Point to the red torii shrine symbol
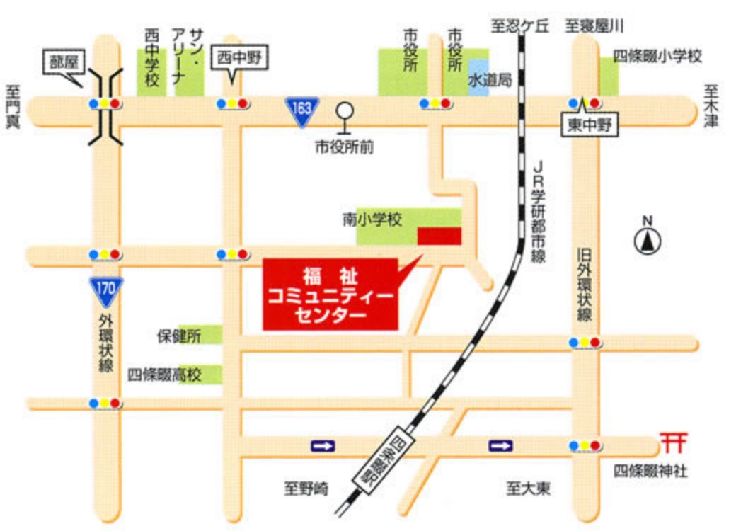pyautogui.click(x=672, y=442)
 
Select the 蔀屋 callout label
pyautogui.click(x=66, y=62)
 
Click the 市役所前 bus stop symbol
pyautogui.click(x=345, y=118)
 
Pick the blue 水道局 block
pyautogui.click(x=478, y=78)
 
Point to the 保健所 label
pyautogui.click(x=178, y=336)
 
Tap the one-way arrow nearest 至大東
pyautogui.click(x=500, y=445)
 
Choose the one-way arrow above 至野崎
pyautogui.click(x=323, y=445)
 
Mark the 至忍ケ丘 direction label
pyautogui.click(x=521, y=27)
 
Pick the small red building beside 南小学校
pyautogui.click(x=439, y=236)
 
